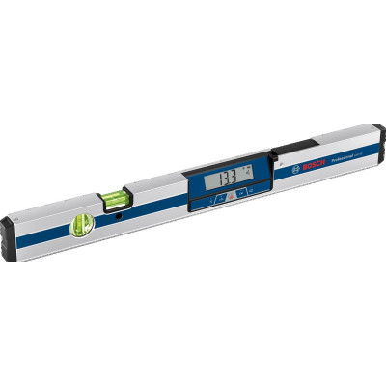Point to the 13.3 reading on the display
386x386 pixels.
pyautogui.click(x=228, y=178)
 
